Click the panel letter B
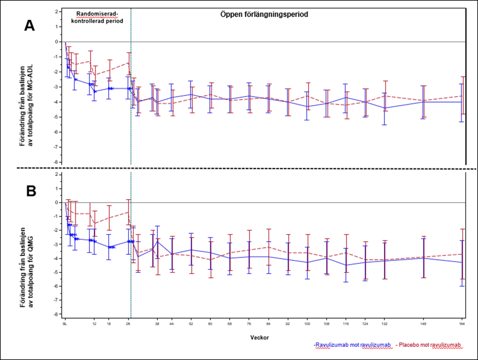[30, 192]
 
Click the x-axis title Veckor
[259, 337]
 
